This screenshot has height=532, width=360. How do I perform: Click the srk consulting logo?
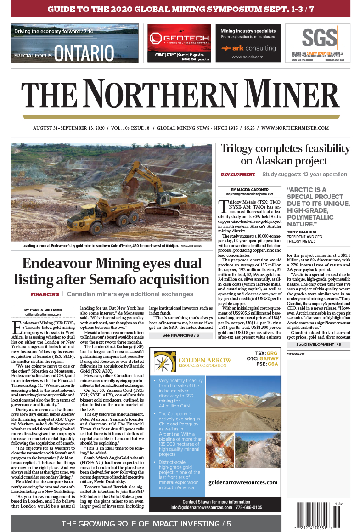tap(248, 48)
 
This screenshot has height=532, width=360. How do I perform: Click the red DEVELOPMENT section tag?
tap(238, 175)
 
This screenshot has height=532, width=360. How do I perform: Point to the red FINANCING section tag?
tap(45, 294)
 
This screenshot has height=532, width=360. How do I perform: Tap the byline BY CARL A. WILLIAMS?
tap(44, 310)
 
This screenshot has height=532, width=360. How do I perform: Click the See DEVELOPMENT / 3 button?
tap(319, 344)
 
